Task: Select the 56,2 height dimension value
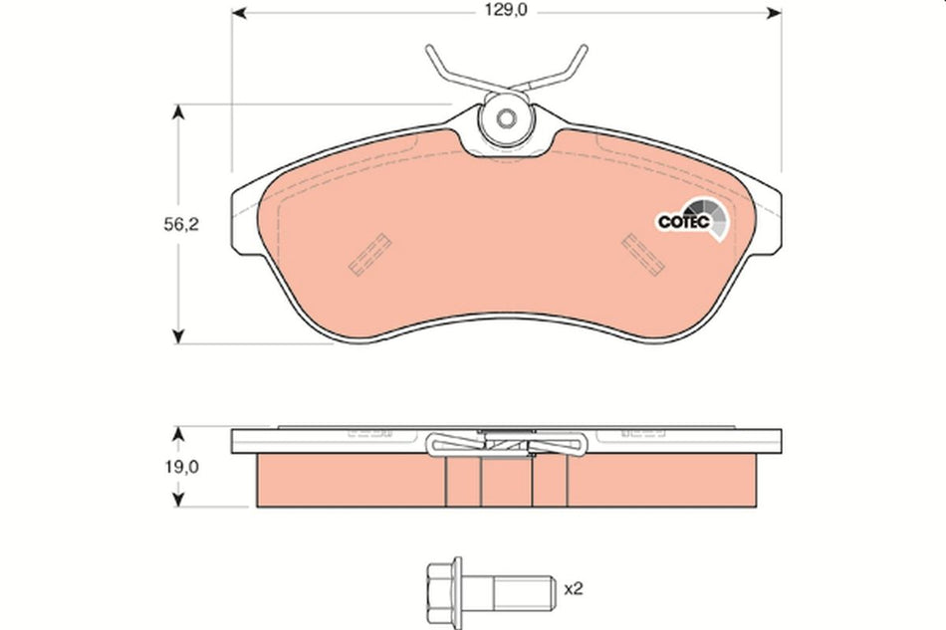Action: coord(182,225)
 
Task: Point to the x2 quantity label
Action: coord(573,589)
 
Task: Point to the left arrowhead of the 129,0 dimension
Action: coord(240,13)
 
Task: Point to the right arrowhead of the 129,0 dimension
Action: coord(774,13)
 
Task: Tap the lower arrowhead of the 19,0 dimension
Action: coord(179,501)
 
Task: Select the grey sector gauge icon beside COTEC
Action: coord(718,220)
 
